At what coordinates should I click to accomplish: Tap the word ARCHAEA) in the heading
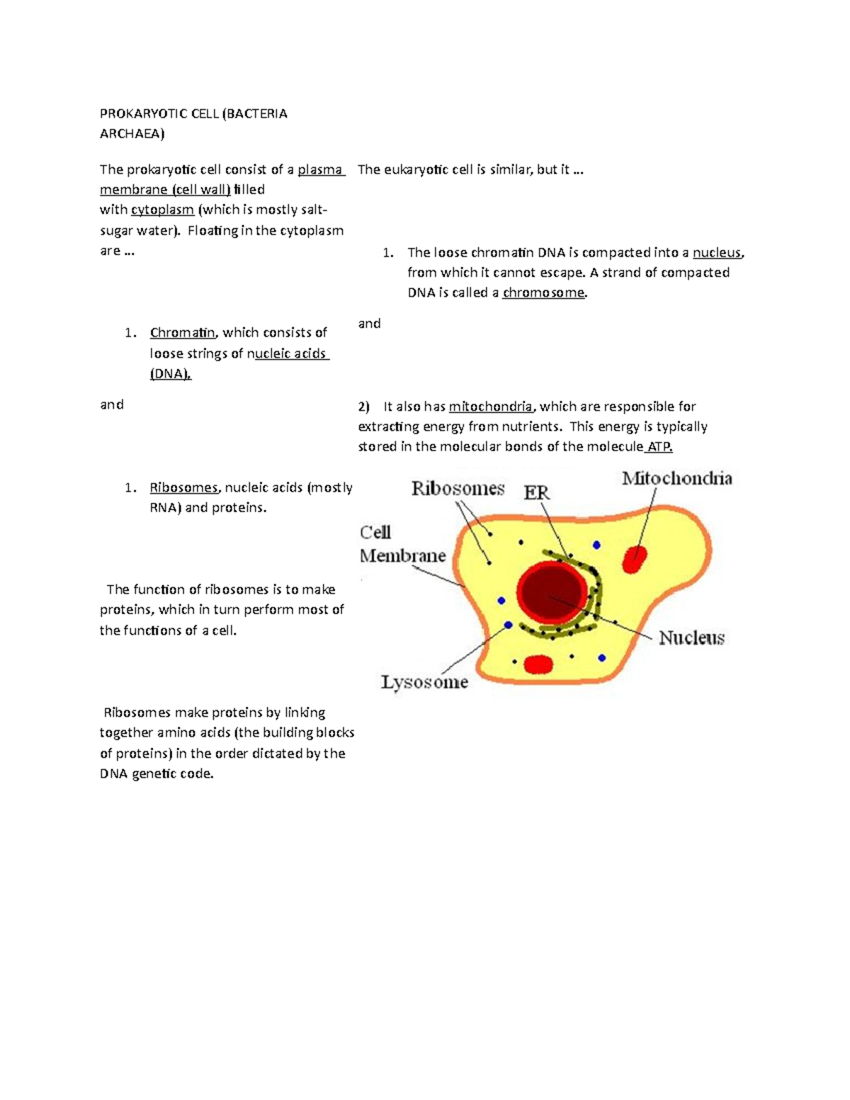coord(132,134)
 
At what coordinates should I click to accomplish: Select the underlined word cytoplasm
coord(162,210)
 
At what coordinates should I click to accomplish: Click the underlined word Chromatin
coord(182,333)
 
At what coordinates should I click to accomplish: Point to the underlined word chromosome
coord(543,293)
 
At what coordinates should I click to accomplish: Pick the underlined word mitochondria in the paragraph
coord(490,407)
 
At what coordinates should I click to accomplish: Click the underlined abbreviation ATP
coord(659,447)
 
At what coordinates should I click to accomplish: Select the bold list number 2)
coord(364,407)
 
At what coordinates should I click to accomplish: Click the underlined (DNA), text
coord(170,374)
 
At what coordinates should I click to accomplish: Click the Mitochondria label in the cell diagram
coord(676,479)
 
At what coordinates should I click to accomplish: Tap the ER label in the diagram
coord(536,492)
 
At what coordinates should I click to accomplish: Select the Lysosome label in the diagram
coord(424,682)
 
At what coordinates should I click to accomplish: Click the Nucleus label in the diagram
coord(691,638)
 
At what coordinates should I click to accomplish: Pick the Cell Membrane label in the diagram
coord(402,544)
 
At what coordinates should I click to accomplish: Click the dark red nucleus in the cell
coord(552,594)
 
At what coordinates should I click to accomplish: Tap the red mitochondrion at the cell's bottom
coord(538,664)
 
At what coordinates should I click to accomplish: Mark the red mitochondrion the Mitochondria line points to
coord(635,559)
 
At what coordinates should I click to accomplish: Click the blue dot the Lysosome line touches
coord(507,625)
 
